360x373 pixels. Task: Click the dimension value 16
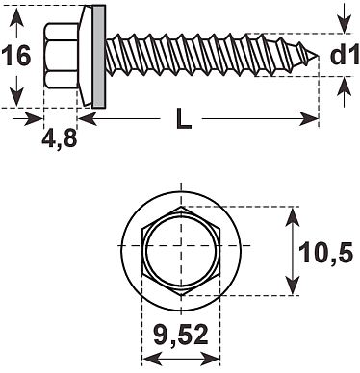(16, 56)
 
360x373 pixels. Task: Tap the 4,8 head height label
(60, 138)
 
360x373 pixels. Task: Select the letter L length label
(183, 118)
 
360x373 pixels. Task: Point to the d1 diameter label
(344, 55)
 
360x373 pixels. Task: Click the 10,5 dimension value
(325, 253)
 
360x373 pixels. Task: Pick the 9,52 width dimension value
(181, 336)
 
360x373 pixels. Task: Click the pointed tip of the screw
(318, 57)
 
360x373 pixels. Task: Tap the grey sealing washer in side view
(99, 57)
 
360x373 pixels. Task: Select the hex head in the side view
(61, 55)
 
